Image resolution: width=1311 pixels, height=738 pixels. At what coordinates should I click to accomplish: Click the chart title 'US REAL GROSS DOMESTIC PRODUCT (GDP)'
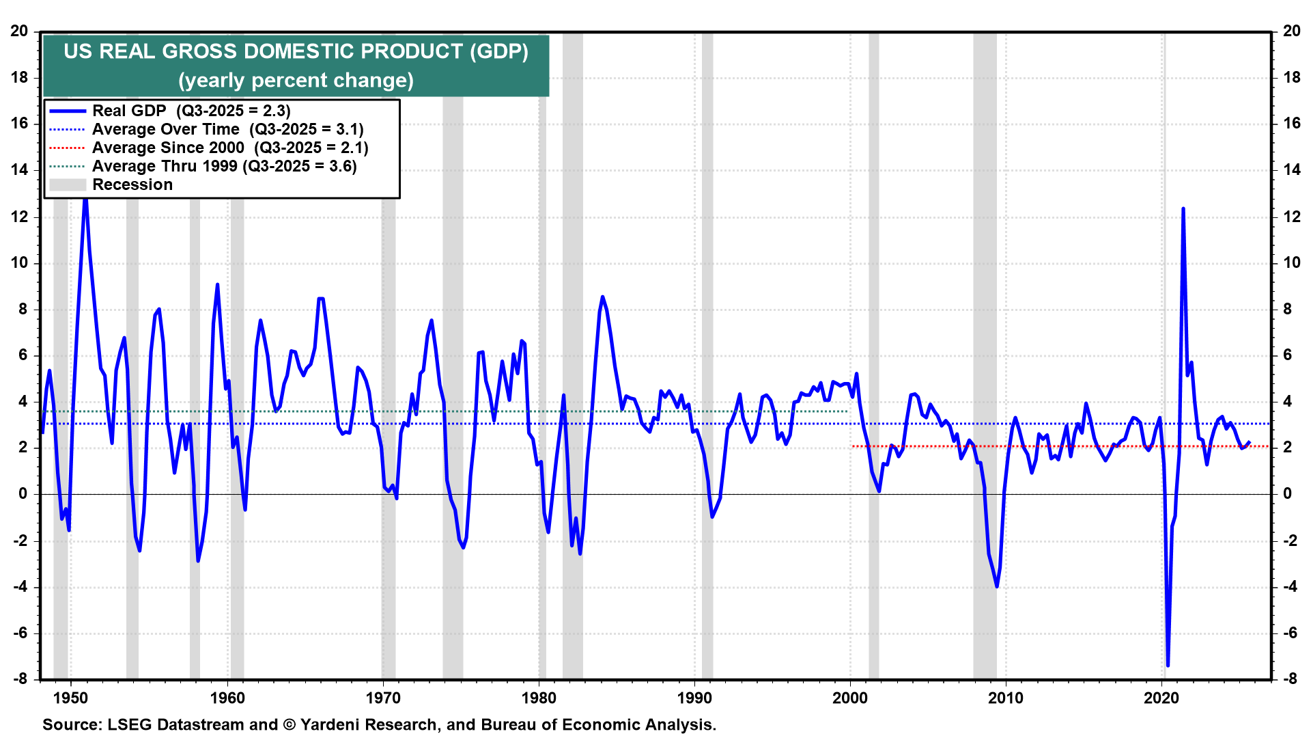tap(296, 51)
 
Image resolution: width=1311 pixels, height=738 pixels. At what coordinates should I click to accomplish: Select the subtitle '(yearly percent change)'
tap(296, 81)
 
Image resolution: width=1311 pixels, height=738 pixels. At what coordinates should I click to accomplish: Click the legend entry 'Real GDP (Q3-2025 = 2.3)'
tap(191, 111)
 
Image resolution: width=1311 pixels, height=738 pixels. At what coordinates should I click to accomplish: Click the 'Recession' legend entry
tap(132, 184)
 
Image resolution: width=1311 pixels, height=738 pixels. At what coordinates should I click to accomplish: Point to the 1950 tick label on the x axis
tap(71, 698)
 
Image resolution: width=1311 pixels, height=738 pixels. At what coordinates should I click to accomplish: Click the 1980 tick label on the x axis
tap(539, 698)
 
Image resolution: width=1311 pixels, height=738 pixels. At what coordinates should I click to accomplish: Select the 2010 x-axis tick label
tap(1006, 698)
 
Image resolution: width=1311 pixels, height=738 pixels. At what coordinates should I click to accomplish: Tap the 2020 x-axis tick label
tap(1161, 698)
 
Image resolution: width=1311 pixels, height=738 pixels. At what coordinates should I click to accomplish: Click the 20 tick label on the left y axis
tap(19, 31)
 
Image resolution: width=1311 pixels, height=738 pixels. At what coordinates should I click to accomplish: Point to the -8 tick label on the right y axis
tap(1290, 679)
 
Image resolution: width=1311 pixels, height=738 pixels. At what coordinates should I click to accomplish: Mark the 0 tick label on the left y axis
tap(23, 493)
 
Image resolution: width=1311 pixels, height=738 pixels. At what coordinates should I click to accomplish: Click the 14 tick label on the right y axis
tap(1292, 170)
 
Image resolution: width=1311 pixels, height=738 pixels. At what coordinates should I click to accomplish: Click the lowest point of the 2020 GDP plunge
tap(1168, 665)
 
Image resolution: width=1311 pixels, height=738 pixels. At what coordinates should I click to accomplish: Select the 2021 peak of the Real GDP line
tap(1183, 208)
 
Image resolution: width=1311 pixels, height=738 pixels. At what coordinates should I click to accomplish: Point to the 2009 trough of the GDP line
tap(997, 586)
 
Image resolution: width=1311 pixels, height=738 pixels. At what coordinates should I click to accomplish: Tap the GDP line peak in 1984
tap(602, 297)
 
